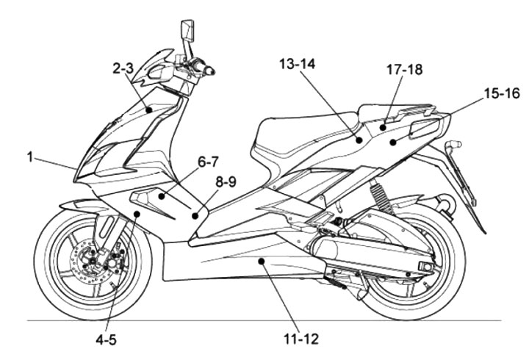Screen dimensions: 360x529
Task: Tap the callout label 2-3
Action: tap(123, 71)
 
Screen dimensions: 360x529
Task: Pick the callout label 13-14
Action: tap(297, 65)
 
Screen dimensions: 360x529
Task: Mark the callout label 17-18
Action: tap(404, 71)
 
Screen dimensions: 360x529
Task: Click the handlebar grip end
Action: tap(214, 72)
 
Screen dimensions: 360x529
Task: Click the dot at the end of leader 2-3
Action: tap(150, 109)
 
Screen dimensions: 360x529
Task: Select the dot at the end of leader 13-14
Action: tap(359, 137)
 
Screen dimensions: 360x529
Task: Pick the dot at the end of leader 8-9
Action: tap(195, 215)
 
